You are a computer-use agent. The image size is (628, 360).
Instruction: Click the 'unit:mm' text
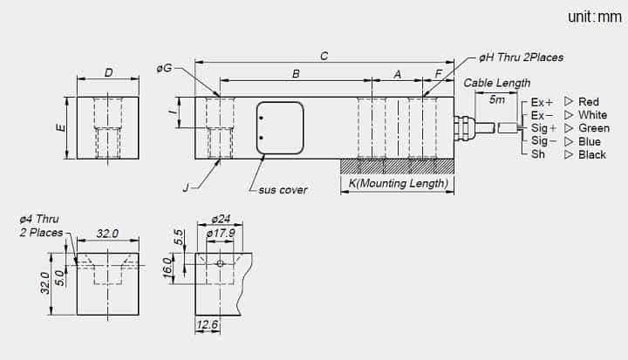pyautogui.click(x=595, y=17)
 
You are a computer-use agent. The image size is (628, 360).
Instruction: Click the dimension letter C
pyautogui.click(x=324, y=56)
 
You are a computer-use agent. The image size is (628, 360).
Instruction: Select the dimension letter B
pyautogui.click(x=296, y=74)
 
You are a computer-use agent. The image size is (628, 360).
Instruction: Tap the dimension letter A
pyautogui.click(x=398, y=74)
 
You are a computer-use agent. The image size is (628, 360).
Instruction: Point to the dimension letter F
pyautogui.click(x=439, y=74)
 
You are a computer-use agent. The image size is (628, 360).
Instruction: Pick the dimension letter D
pyautogui.click(x=108, y=73)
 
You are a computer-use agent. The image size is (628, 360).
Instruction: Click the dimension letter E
pyautogui.click(x=61, y=128)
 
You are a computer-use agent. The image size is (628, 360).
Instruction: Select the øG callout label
pyautogui.click(x=164, y=68)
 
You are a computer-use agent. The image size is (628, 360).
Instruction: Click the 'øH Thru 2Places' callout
pyautogui.click(x=521, y=58)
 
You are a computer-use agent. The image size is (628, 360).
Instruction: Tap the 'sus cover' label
pyautogui.click(x=283, y=190)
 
